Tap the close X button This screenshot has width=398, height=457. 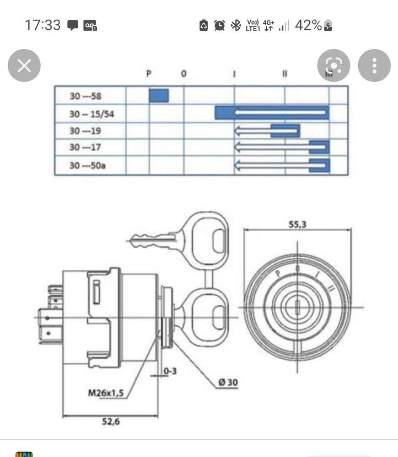pyautogui.click(x=24, y=65)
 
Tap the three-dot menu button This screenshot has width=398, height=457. pyautogui.click(x=374, y=65)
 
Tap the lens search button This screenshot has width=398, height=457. pyautogui.click(x=333, y=65)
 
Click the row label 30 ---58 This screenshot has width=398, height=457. pyautogui.click(x=86, y=96)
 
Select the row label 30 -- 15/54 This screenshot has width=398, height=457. pyautogui.click(x=91, y=114)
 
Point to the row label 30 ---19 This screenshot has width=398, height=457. pyautogui.click(x=85, y=131)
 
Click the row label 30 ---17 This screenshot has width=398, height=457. pyautogui.click(x=85, y=147)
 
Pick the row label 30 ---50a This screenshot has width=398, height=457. pyautogui.click(x=87, y=165)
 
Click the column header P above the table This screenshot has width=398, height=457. pyautogui.click(x=149, y=74)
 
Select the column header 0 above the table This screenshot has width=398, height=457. pyautogui.click(x=183, y=74)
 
